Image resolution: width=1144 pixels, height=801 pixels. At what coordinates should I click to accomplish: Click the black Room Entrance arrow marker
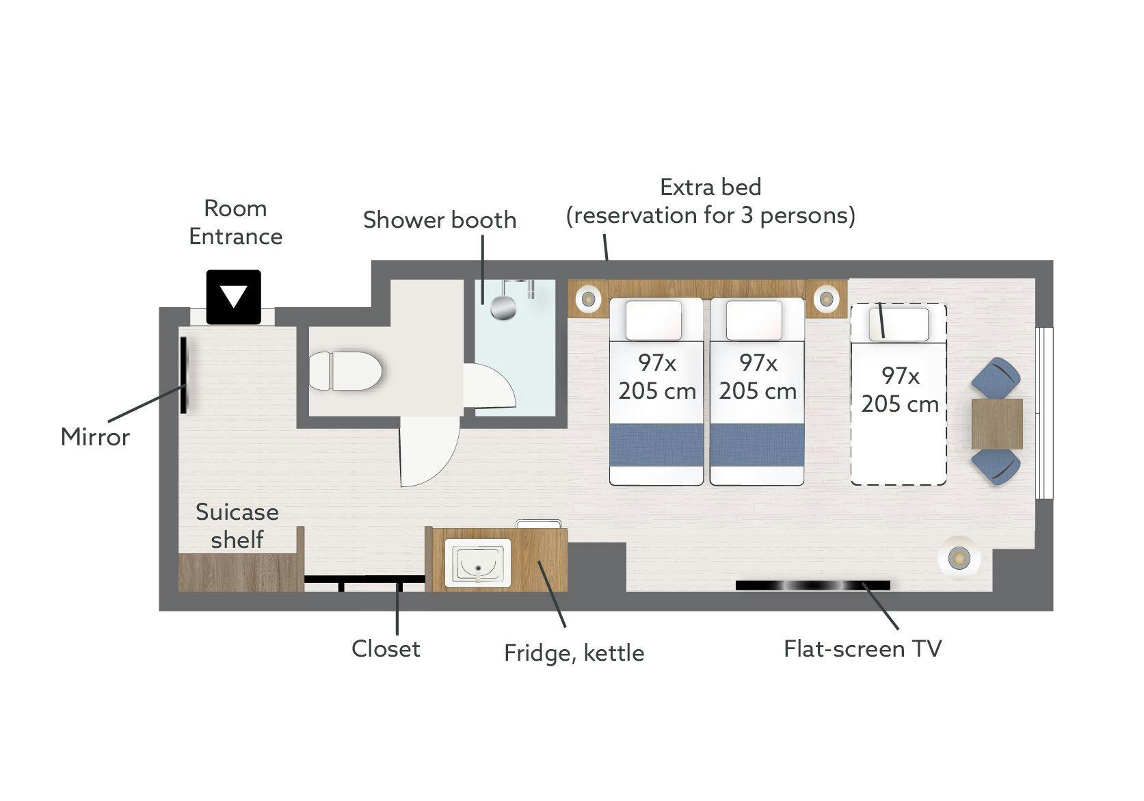(233, 297)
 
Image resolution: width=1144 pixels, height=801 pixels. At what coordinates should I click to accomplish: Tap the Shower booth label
(440, 220)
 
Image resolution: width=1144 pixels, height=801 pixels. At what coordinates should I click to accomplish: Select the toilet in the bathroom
(345, 371)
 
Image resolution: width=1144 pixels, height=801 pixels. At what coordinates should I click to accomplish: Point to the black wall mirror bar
(183, 375)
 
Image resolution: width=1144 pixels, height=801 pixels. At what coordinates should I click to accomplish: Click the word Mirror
(95, 437)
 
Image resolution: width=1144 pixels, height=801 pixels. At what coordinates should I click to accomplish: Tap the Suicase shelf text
(237, 525)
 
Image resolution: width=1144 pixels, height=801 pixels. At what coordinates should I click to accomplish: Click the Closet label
(386, 648)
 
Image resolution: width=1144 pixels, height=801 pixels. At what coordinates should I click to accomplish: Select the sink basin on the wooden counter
(477, 562)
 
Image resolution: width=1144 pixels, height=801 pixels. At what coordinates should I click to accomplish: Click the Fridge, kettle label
(574, 653)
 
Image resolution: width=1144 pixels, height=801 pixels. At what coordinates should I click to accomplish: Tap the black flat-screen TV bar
(812, 586)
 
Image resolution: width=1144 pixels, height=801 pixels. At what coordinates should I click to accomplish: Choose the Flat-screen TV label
(862, 648)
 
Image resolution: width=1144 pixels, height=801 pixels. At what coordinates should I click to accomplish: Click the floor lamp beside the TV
(959, 558)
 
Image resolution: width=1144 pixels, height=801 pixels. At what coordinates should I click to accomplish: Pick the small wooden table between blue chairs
(997, 423)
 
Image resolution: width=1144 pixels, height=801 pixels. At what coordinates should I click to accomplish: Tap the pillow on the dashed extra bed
(899, 324)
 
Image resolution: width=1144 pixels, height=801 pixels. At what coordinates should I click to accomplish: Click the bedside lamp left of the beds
(588, 298)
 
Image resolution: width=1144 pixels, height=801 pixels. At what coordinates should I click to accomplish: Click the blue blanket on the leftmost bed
(656, 445)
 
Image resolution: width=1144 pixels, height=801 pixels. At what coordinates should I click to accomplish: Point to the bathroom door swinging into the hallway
(429, 451)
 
